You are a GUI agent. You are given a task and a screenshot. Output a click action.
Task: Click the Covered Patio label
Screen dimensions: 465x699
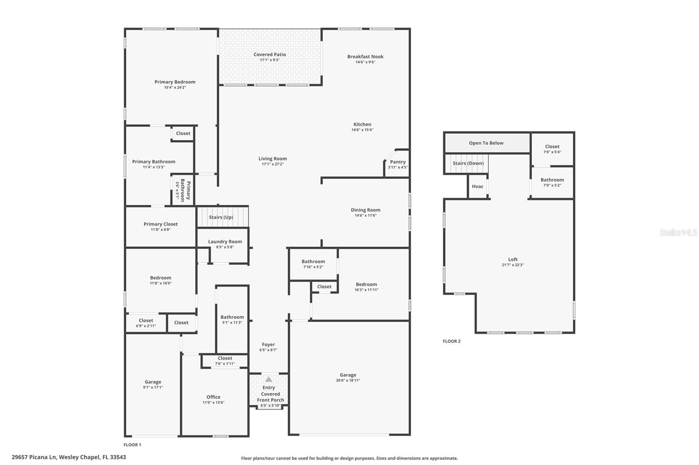270,55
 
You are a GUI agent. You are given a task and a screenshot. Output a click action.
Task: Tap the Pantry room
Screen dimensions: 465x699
397,164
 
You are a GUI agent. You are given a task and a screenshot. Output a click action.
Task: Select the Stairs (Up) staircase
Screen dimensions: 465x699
222,217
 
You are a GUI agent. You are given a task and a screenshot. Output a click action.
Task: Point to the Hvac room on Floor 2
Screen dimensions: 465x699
478,186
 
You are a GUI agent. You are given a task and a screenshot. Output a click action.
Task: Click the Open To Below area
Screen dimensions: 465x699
486,143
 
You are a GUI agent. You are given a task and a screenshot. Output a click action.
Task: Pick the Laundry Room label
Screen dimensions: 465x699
225,242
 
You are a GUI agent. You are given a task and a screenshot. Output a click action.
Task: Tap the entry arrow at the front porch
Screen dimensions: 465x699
269,380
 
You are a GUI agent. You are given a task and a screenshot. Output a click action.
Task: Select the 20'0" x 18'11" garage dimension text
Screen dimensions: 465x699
348,380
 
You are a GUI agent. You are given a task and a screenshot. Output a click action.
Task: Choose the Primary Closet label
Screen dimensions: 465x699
160,224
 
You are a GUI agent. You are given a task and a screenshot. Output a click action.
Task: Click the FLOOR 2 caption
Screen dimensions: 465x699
451,341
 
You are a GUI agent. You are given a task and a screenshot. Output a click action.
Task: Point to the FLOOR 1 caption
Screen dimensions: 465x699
132,445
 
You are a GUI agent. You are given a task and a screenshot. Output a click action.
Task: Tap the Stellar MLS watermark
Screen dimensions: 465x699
678,232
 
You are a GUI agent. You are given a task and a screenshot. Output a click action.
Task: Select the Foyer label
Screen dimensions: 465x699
268,345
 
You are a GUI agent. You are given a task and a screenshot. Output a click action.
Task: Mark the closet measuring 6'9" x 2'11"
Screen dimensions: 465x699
146,323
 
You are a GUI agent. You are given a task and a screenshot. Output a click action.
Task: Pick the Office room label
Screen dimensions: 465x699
213,397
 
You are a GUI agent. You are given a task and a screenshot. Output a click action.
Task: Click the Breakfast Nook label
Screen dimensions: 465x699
365,57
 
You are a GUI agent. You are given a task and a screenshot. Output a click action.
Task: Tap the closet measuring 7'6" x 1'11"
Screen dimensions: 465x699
225,361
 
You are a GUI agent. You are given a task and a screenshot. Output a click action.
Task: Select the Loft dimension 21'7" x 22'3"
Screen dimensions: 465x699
512,265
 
